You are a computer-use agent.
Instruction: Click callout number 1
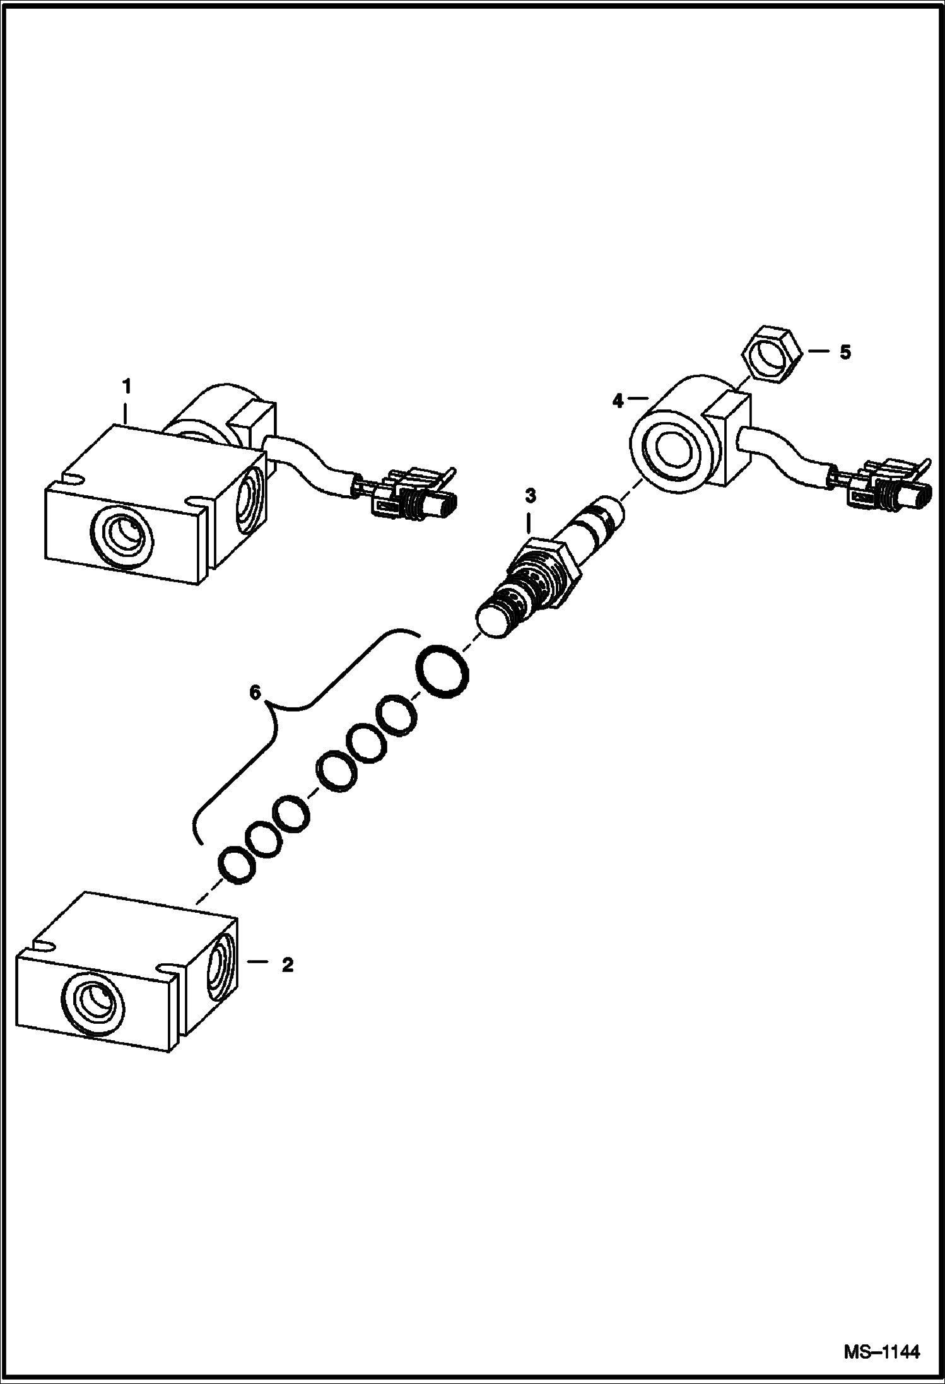127,385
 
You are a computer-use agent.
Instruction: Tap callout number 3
531,496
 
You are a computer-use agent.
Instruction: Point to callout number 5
845,352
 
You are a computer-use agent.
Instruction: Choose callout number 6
255,693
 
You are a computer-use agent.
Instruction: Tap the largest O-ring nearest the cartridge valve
442,671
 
